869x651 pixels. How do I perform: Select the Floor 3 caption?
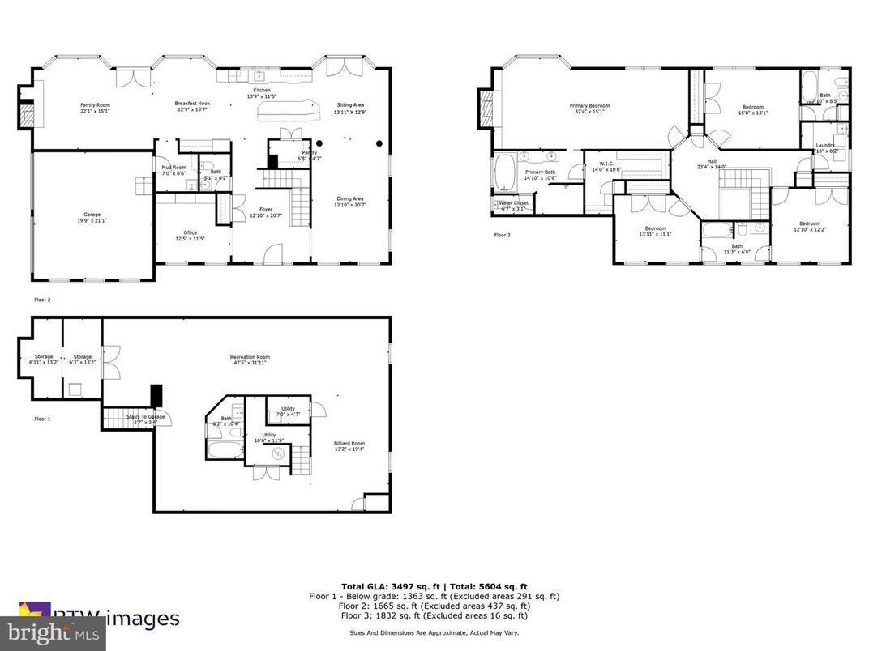pos(503,236)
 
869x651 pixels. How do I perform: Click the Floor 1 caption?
pos(42,419)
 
